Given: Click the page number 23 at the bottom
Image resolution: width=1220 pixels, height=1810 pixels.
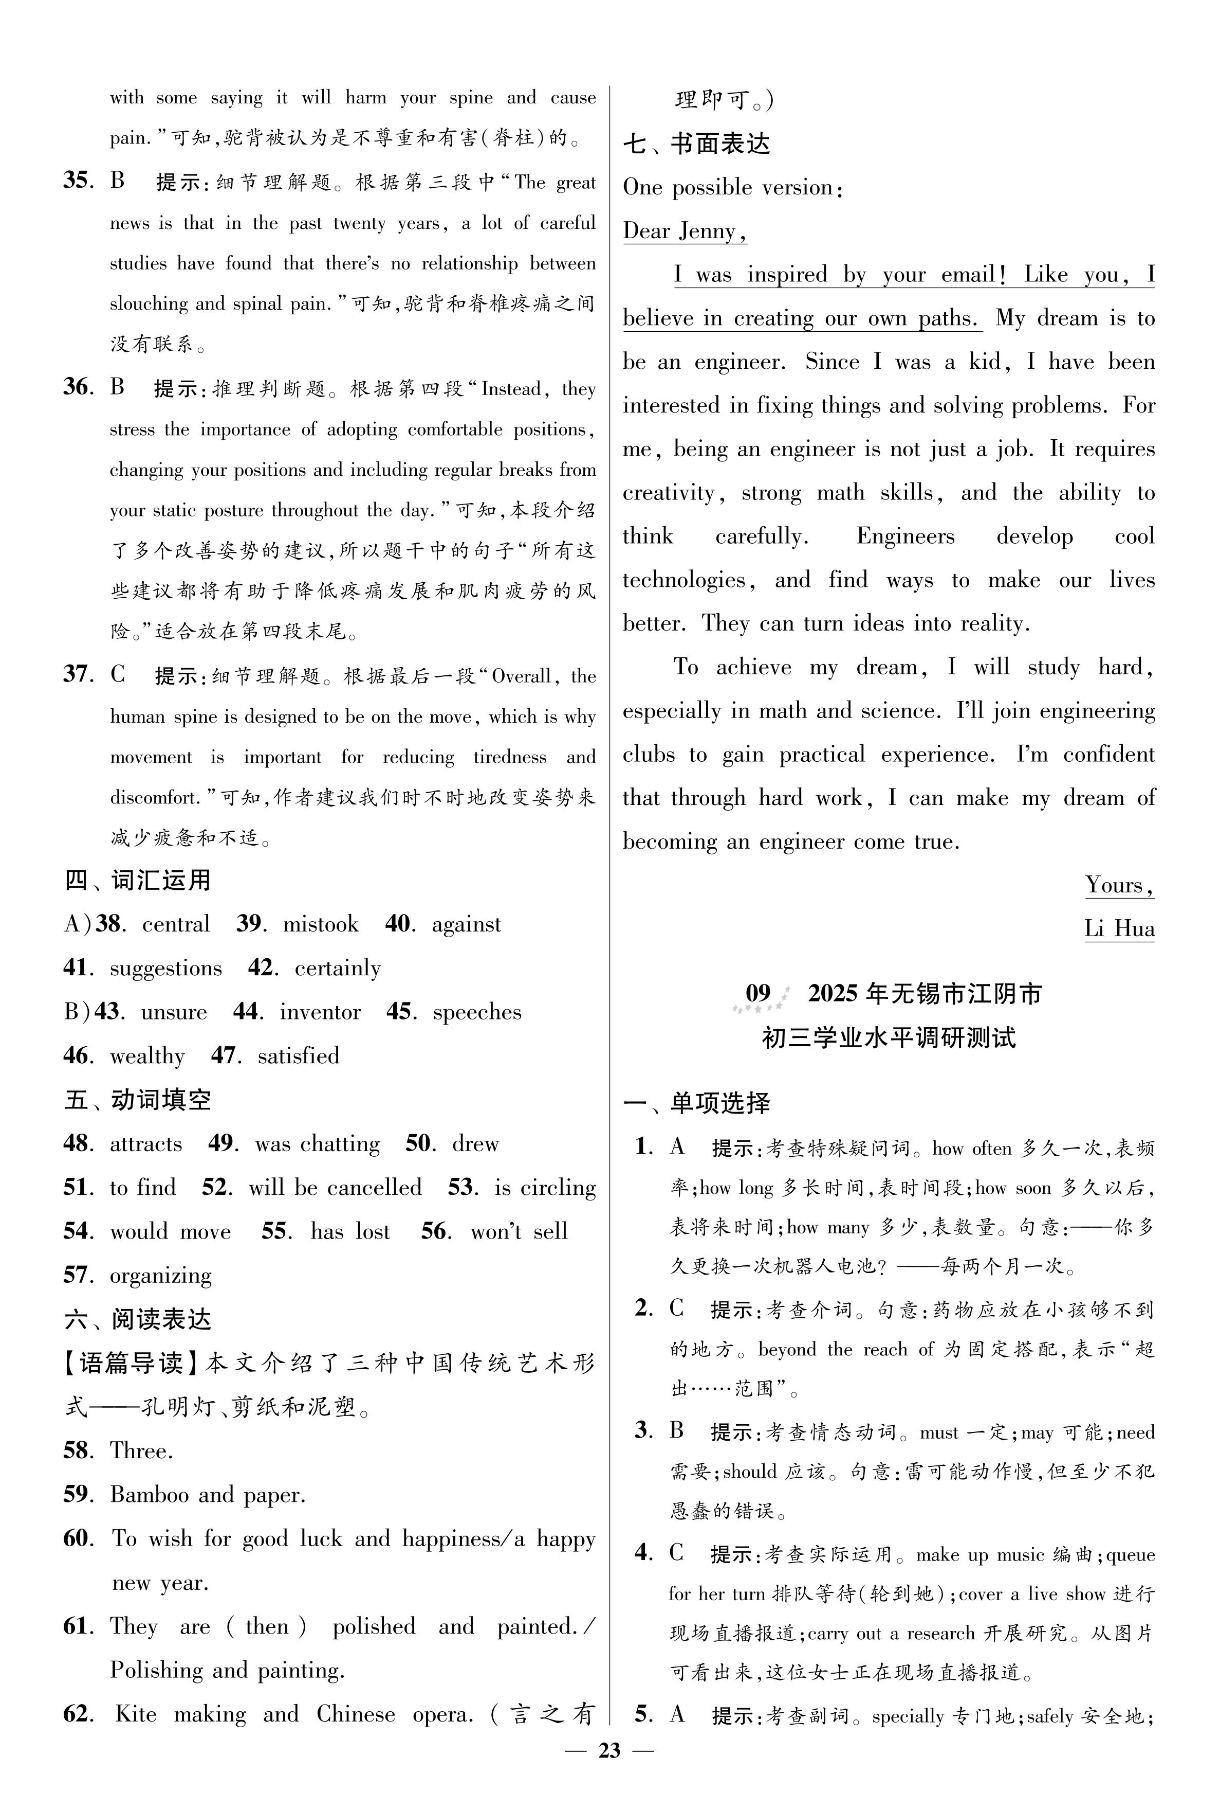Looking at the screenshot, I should pyautogui.click(x=609, y=1749).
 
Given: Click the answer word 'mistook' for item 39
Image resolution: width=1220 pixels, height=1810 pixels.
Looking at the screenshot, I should pyautogui.click(x=321, y=924).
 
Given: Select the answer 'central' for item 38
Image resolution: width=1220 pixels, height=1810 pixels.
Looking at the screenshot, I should pyautogui.click(x=176, y=924).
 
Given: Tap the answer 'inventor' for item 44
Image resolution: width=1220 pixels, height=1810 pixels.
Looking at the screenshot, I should pyautogui.click(x=321, y=1012).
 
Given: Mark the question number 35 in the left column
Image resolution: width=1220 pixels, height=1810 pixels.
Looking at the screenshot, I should pyautogui.click(x=78, y=182).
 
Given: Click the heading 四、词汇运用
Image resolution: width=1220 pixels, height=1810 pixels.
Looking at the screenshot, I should pyautogui.click(x=138, y=881).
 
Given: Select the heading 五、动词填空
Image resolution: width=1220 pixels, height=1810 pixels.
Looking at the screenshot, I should pyautogui.click(x=138, y=1100).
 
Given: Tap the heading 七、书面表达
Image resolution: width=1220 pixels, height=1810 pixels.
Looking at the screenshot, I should pyautogui.click(x=696, y=144).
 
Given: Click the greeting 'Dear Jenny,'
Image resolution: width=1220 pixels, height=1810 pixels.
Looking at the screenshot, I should pyautogui.click(x=685, y=231).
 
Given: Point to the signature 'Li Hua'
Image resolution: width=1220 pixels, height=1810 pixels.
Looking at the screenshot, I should pyautogui.click(x=1119, y=929).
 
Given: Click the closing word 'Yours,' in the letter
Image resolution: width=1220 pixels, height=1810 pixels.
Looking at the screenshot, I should pyautogui.click(x=1119, y=885).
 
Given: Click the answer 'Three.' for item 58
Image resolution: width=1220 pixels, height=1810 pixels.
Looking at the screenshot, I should pyautogui.click(x=142, y=1450).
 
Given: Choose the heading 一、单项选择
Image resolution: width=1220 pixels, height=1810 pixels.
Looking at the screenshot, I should pyautogui.click(x=696, y=1103).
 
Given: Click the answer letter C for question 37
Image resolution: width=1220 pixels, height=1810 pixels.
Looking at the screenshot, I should pyautogui.click(x=118, y=674).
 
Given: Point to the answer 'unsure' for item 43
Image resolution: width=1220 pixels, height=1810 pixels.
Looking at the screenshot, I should pyautogui.click(x=174, y=1012).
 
